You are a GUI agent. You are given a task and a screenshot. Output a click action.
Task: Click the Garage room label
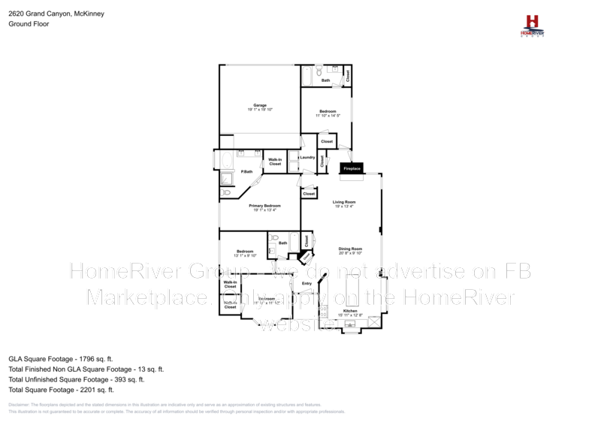click(259, 105)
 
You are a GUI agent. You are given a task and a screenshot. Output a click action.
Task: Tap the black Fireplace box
click(352, 169)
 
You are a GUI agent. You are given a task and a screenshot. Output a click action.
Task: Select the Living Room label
click(345, 202)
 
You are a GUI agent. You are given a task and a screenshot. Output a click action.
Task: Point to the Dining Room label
click(350, 249)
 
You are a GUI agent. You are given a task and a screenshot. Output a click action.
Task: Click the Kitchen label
click(350, 311)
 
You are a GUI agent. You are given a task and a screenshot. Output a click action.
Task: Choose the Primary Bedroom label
click(267, 206)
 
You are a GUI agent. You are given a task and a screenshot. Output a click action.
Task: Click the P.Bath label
click(246, 172)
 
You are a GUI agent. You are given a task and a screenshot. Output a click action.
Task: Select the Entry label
click(307, 283)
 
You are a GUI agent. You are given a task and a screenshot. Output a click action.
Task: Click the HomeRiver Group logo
click(533, 24)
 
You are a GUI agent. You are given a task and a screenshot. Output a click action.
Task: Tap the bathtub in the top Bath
click(307, 77)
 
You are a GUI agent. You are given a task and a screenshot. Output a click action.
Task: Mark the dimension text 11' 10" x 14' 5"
click(328, 116)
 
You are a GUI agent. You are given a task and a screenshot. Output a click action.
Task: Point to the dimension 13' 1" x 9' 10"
click(245, 255)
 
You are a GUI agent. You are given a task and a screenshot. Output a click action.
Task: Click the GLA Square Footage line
click(61, 360)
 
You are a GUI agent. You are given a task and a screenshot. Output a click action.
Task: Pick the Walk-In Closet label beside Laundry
click(275, 161)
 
